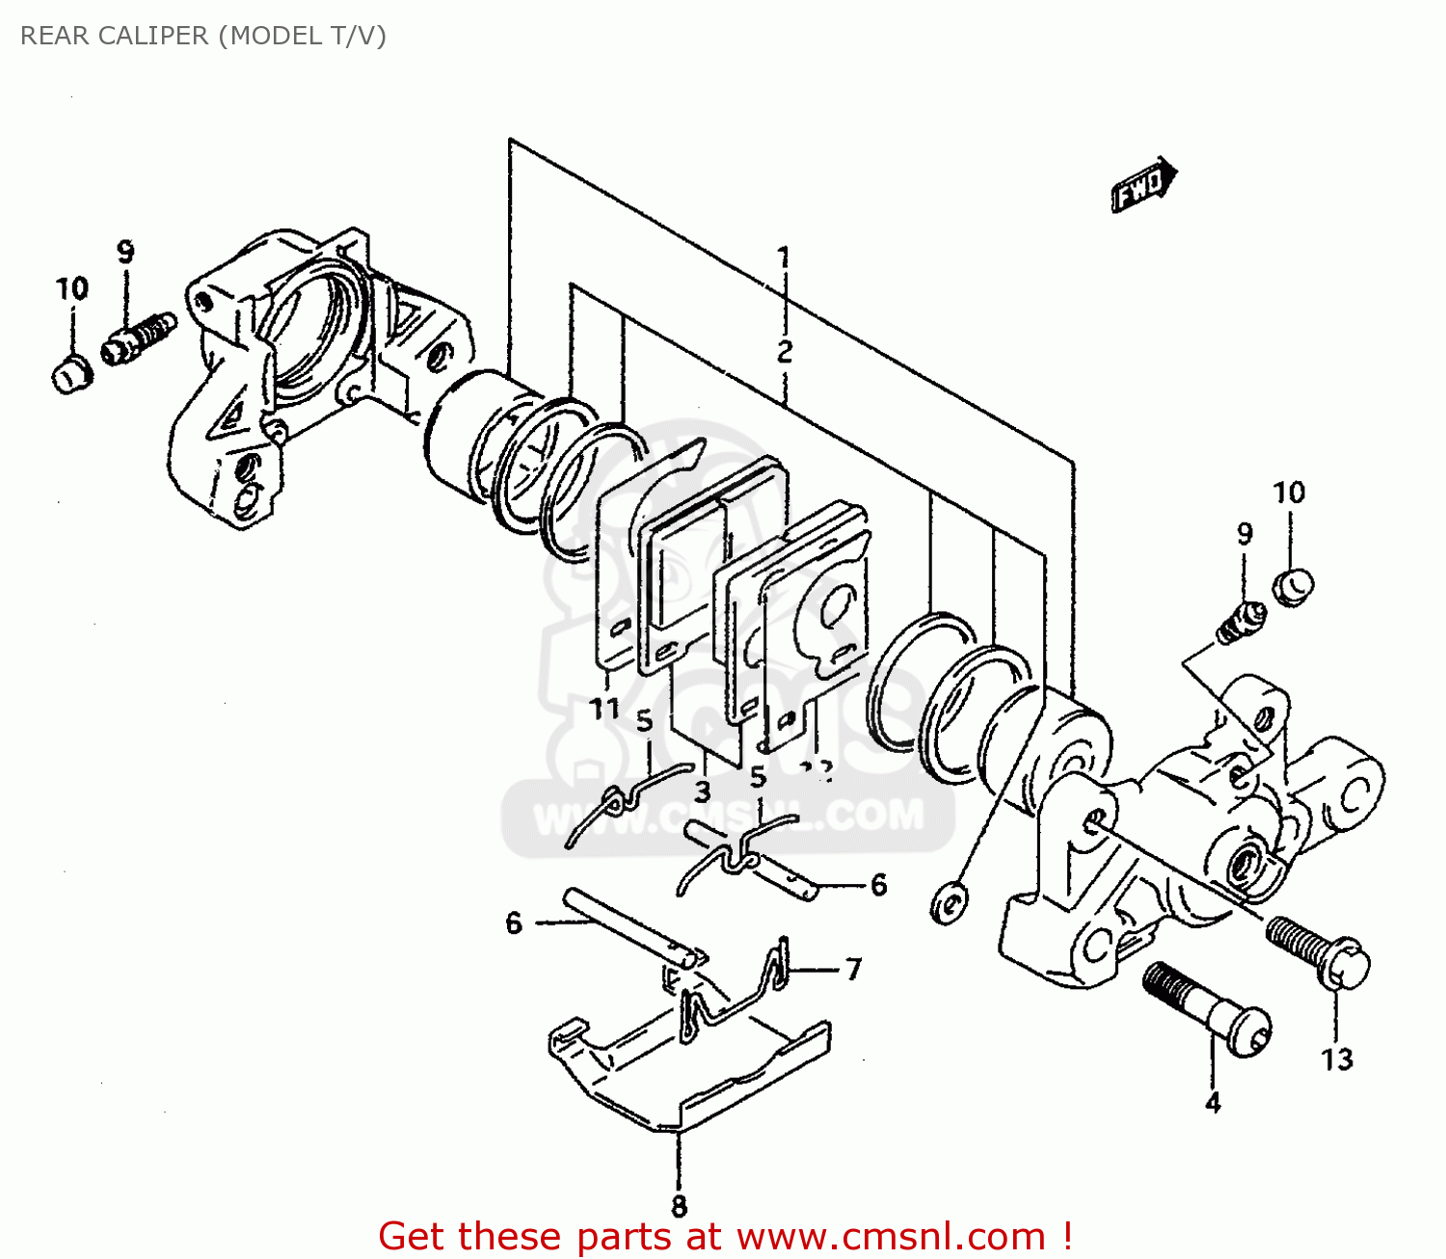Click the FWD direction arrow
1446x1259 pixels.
tap(1143, 185)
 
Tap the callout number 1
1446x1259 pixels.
tap(785, 257)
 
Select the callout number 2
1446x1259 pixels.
tap(785, 351)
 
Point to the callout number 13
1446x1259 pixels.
tap(1337, 1059)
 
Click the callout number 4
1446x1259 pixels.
tap(1213, 1102)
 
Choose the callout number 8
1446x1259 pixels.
tap(679, 1205)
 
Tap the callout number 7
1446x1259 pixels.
tap(853, 969)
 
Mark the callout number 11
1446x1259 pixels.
tap(604, 709)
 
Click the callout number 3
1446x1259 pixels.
tap(702, 791)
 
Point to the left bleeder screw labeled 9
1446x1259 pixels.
tap(139, 336)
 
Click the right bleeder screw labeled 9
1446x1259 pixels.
tap(1240, 622)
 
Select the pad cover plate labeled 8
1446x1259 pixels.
tap(689, 1070)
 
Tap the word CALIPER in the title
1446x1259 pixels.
tap(154, 36)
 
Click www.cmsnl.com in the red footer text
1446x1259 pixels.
tap(892, 1236)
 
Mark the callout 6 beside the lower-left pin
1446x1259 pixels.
tap(514, 924)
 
